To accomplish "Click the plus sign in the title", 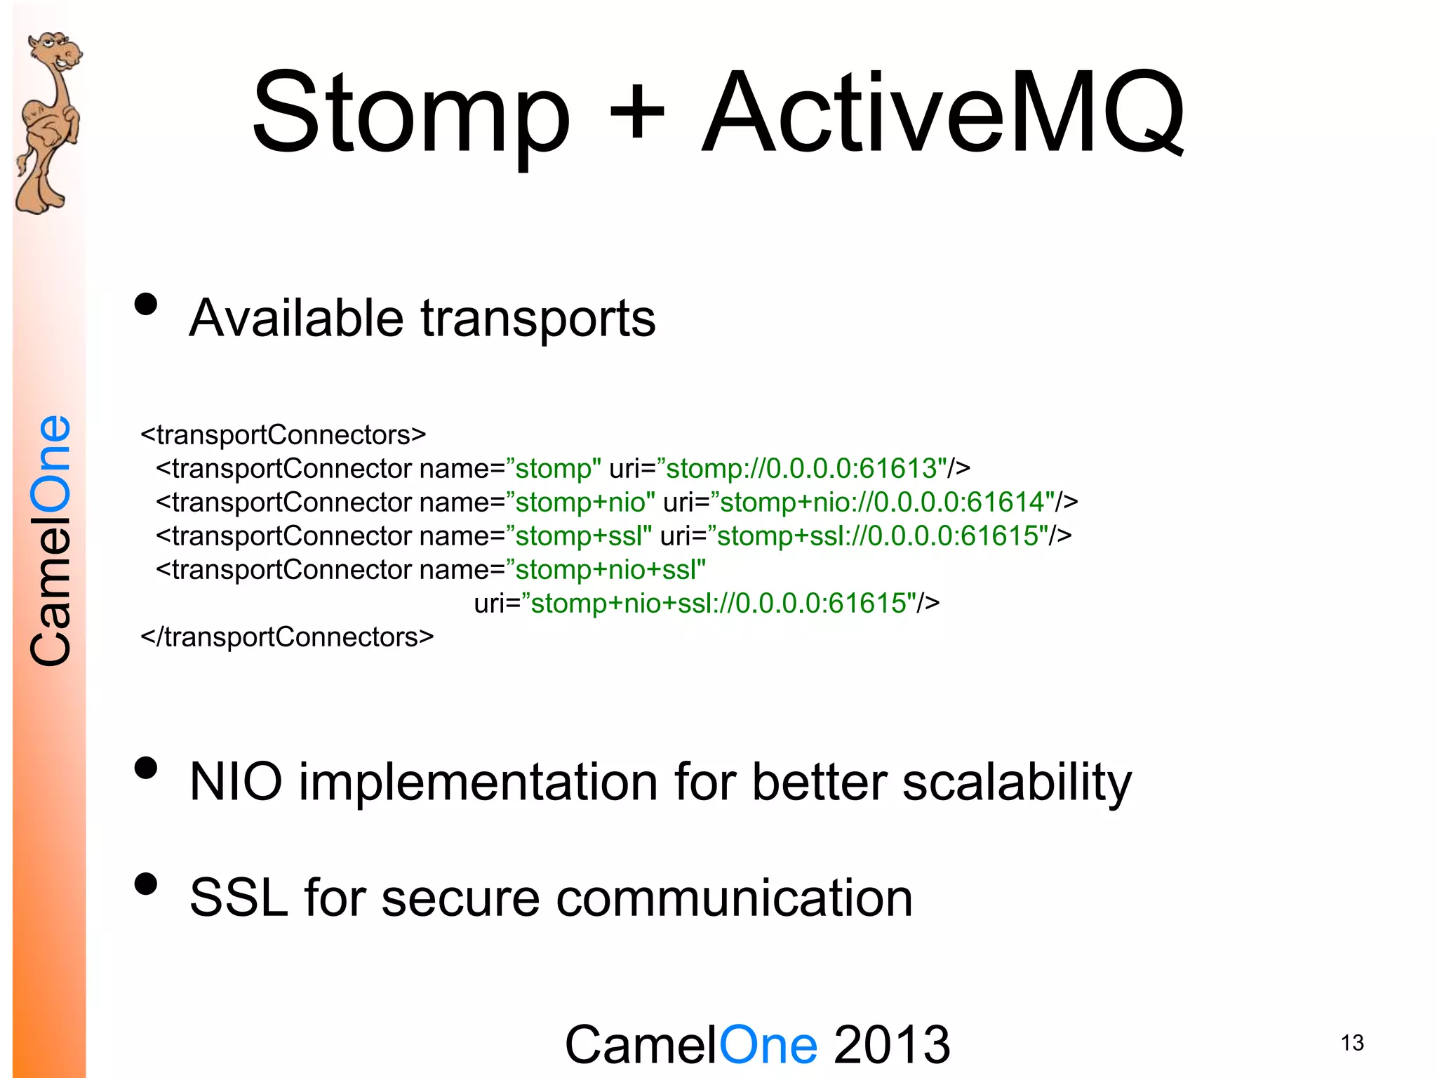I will coord(636,112).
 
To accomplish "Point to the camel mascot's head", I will coord(56,53).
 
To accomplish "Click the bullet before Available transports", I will coord(146,305).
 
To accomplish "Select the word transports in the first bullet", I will coord(538,319).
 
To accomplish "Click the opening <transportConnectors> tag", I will coord(283,435).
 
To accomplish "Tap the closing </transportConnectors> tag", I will coord(287,637).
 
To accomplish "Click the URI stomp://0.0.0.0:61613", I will coord(801,469).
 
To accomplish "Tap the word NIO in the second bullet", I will coord(236,782).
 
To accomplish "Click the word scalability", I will coord(1017,783).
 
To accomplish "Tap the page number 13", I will coord(1351,1043).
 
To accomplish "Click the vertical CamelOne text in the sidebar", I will coord(51,540).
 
